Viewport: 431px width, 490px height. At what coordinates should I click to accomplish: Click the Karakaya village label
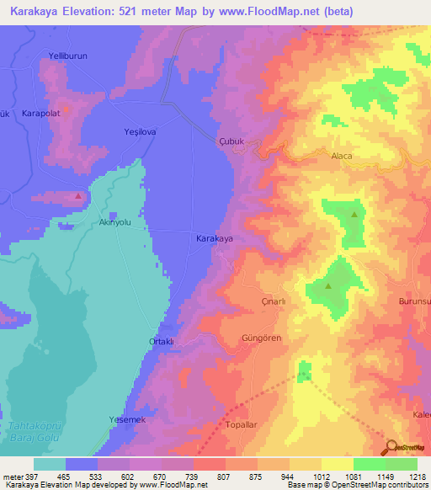click(215, 239)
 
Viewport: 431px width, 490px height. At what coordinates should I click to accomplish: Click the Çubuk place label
click(231, 142)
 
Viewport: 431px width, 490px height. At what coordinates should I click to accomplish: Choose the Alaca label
click(341, 156)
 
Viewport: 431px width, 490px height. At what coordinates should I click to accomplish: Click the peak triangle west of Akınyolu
click(78, 195)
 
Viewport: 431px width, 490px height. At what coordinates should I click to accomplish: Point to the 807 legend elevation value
click(225, 477)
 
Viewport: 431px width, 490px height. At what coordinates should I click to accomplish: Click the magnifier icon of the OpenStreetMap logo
click(392, 446)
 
